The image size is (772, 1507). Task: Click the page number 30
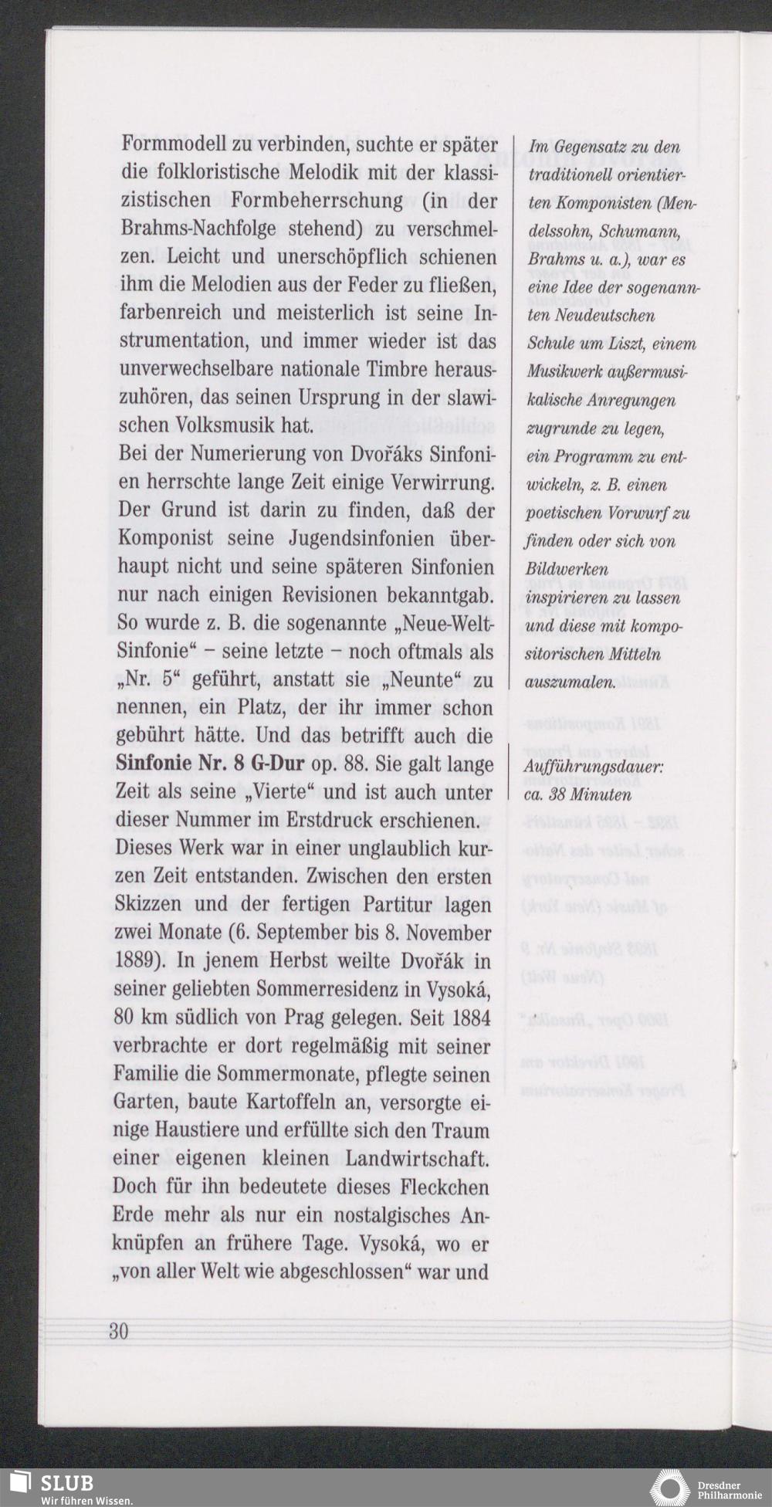point(118,1331)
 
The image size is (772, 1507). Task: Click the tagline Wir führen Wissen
point(81,1500)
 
